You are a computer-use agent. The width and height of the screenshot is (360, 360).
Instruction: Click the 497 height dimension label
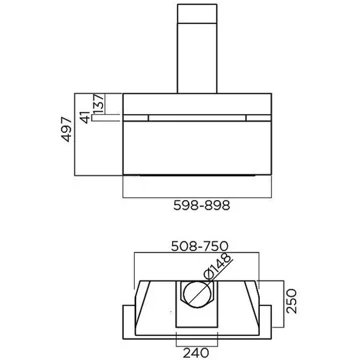[67, 129]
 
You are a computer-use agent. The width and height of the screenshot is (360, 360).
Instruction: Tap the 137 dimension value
[99, 103]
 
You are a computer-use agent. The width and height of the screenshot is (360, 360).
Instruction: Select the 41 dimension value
[86, 117]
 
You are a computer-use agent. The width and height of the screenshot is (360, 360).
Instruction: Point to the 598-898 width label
[202, 206]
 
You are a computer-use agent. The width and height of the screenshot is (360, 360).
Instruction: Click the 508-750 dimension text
[199, 246]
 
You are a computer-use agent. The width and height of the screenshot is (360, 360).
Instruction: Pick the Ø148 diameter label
[218, 267]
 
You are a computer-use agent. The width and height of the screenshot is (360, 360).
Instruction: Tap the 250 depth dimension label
[291, 301]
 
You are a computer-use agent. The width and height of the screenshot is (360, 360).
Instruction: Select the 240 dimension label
[196, 353]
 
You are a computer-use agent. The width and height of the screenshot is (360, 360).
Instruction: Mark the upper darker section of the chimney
[197, 14]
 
